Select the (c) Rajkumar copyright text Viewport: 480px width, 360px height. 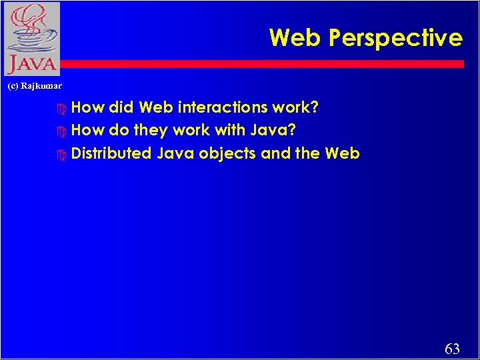(x=34, y=86)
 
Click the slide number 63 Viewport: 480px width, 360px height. (x=452, y=349)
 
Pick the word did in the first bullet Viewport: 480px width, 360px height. (x=121, y=107)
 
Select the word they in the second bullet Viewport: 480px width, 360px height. (x=151, y=130)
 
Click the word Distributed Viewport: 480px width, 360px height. (x=111, y=153)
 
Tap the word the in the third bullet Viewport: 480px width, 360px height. (x=307, y=153)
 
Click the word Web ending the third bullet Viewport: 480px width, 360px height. (x=342, y=153)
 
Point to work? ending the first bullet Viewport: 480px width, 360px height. (x=296, y=107)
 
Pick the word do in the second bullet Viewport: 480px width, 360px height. (x=119, y=130)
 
